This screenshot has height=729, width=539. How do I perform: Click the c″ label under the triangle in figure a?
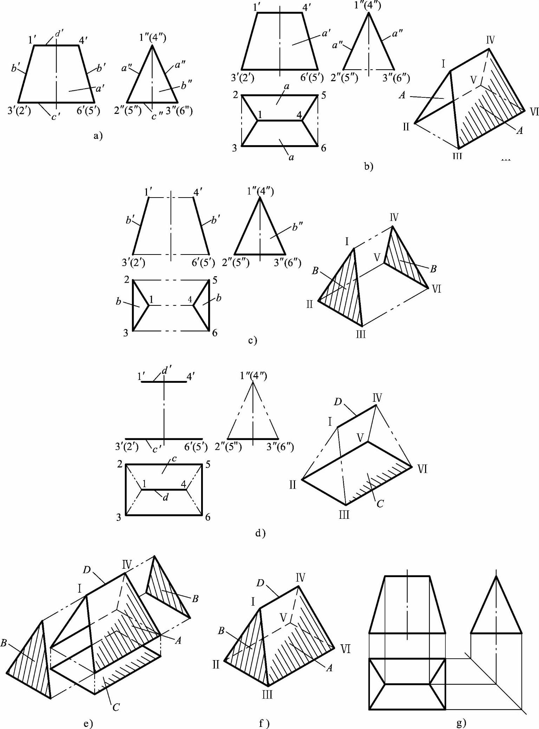[x=156, y=115]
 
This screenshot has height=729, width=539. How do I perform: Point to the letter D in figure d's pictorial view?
[x=338, y=401]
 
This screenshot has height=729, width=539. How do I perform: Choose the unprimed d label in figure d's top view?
[x=166, y=497]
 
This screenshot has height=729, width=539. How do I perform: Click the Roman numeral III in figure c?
[x=361, y=334]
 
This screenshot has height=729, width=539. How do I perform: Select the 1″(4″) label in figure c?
[x=260, y=191]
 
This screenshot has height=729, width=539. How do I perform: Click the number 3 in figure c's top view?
[x=126, y=332]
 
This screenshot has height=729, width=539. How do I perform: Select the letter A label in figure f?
[x=329, y=668]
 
